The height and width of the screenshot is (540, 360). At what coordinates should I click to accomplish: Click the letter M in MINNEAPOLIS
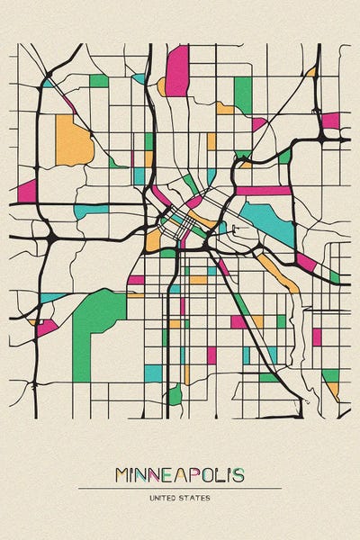123,474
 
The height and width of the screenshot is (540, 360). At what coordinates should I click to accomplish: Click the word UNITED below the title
166,496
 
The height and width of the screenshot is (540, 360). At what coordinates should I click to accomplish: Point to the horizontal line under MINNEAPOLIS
180,488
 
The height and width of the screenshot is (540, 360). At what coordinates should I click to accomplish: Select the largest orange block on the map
72,140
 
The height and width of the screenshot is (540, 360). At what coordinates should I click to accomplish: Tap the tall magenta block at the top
177,69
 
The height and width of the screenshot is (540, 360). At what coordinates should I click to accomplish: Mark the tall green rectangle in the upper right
242,93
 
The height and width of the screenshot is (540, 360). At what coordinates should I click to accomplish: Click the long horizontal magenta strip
264,191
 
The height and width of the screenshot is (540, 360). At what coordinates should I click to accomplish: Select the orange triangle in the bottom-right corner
333,390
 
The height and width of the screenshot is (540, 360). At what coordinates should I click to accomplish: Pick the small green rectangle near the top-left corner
99,81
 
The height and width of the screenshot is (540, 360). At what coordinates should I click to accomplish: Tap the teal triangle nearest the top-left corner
47,83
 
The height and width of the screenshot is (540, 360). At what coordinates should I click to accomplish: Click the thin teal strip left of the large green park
52,298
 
